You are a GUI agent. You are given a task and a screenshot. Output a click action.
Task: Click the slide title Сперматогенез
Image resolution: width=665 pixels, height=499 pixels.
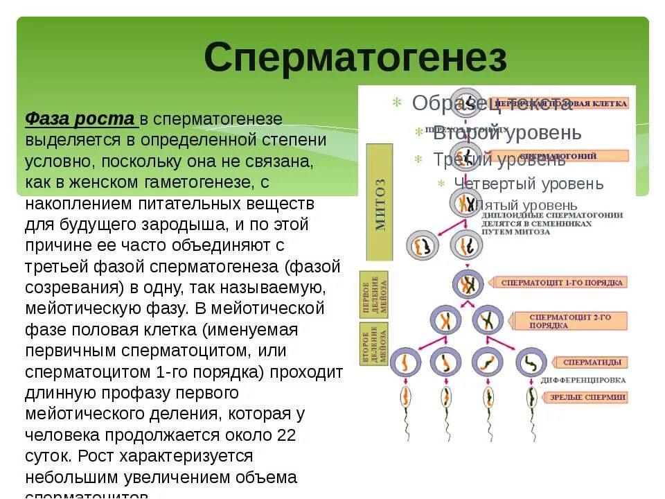point(355,57)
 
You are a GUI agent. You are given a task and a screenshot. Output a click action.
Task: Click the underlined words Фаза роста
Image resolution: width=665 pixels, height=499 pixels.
point(80,119)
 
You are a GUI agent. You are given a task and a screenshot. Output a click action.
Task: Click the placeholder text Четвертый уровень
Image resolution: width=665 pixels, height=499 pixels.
point(529,184)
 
